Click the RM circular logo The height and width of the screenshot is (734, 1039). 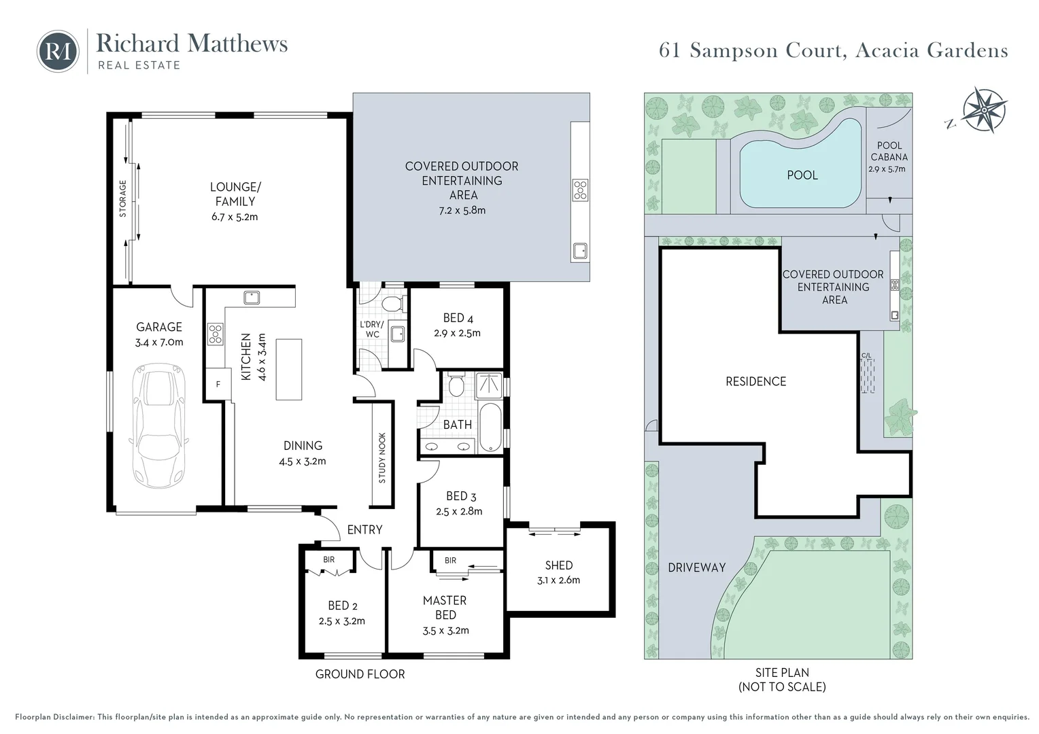(58, 51)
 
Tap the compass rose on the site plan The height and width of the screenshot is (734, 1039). (985, 110)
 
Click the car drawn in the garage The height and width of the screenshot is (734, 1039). (159, 425)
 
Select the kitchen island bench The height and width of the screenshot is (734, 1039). (289, 369)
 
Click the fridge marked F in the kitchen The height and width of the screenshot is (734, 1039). (218, 384)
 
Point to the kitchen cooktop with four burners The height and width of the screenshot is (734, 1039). (216, 334)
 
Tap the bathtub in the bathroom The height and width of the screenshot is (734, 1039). (490, 427)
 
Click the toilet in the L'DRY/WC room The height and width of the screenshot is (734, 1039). (392, 304)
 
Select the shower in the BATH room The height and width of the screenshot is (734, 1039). (489, 385)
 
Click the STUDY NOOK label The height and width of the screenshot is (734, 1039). (382, 457)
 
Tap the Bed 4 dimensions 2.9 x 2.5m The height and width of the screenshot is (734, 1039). (458, 333)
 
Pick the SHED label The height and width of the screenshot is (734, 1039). (559, 565)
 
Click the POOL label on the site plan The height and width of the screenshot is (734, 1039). (802, 175)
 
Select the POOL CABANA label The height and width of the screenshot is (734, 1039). (889, 151)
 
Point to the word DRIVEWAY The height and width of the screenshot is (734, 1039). (697, 567)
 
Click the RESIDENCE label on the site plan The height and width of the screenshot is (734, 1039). (756, 381)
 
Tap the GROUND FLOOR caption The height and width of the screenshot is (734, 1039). (360, 674)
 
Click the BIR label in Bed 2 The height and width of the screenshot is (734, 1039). (329, 559)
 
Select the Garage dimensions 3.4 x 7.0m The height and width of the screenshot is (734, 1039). (159, 342)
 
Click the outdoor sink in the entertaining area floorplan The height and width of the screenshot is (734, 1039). (580, 251)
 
